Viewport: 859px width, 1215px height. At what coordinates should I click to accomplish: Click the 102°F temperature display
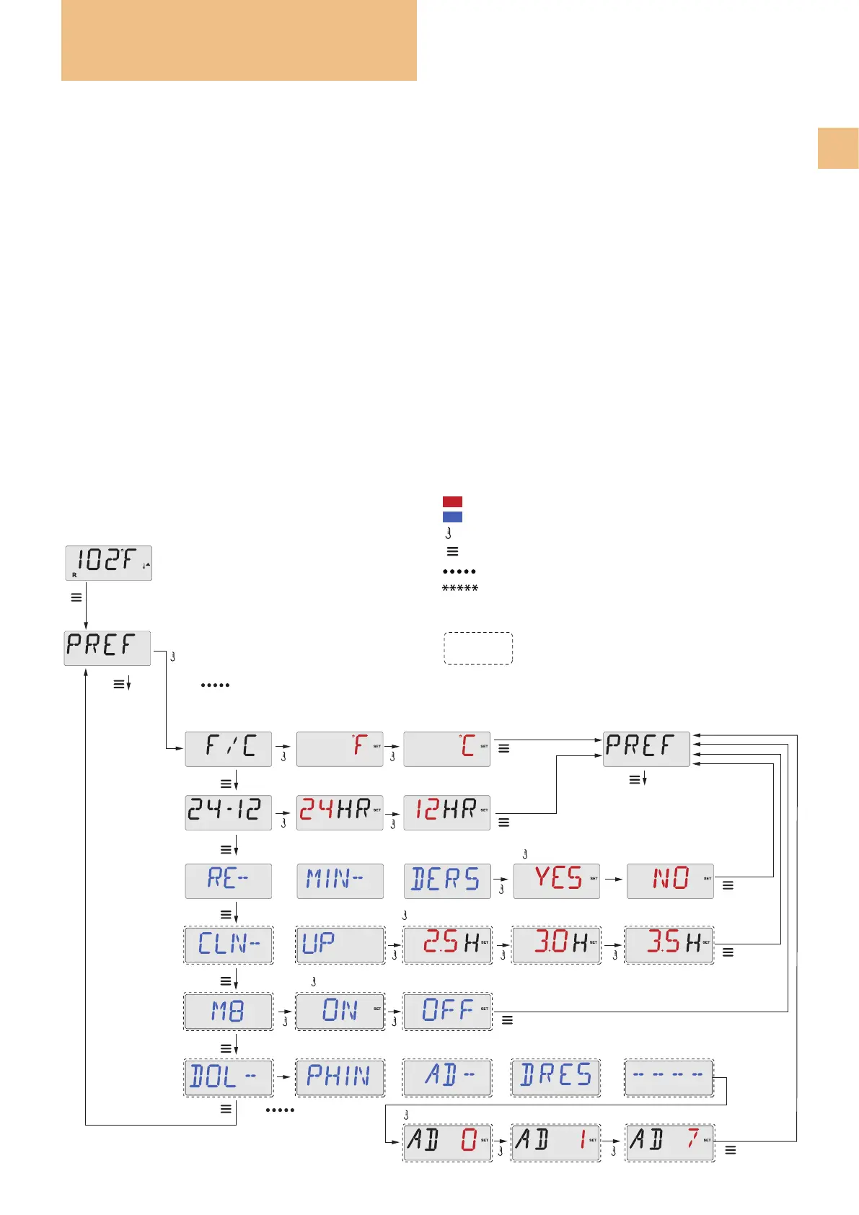(108, 563)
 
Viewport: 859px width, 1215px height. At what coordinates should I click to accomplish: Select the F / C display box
(228, 748)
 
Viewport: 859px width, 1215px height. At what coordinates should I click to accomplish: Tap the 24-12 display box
(228, 812)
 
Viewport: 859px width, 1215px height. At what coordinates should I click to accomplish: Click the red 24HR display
(340, 812)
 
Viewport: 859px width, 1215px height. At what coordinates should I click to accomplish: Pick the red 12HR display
(446, 812)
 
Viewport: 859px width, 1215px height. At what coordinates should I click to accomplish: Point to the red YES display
(556, 880)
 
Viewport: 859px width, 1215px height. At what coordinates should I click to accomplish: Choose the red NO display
(670, 880)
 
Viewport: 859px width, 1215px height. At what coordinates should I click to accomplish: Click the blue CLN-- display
(229, 945)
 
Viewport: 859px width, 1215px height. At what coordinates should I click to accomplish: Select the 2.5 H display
(447, 945)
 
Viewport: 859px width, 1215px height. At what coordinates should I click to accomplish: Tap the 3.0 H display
(556, 945)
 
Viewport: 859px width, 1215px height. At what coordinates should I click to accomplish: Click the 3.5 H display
(669, 945)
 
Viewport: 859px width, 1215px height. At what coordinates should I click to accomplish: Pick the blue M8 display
(229, 1012)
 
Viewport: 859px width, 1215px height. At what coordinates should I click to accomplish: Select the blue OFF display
(447, 1012)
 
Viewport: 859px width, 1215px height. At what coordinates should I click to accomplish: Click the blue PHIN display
(340, 1078)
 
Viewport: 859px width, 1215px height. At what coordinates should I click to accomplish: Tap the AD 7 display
(669, 1142)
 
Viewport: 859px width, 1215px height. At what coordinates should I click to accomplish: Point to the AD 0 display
(447, 1142)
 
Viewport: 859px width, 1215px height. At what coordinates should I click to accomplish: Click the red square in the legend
(452, 501)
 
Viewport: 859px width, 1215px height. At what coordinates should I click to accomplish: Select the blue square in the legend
(452, 517)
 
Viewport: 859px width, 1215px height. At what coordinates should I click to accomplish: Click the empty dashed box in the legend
(478, 648)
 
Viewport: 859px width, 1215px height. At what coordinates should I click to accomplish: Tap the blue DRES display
(556, 1078)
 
